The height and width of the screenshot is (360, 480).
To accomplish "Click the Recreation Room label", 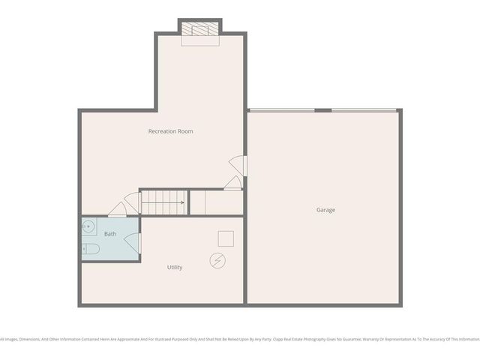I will tap(170, 131).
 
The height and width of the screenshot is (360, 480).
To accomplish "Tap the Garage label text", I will tap(325, 210).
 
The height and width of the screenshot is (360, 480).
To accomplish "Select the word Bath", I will tap(110, 234).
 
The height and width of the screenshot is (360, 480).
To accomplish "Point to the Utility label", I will tap(174, 267).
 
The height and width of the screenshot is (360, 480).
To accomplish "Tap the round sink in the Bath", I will tap(88, 225).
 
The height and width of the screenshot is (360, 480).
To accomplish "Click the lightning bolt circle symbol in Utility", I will tap(218, 260).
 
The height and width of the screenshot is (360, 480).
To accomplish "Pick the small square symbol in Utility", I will tap(226, 238).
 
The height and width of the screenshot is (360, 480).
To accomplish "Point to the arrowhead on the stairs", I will tap(182, 202).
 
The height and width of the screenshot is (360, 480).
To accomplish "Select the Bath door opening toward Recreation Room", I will tap(117, 209).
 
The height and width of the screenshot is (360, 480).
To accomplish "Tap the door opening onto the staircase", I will tap(132, 201).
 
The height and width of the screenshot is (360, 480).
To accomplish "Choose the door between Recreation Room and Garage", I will tap(238, 165).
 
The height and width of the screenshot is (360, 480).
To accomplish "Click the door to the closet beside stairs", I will tap(232, 182).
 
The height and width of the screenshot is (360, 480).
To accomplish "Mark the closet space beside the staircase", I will tap(216, 202).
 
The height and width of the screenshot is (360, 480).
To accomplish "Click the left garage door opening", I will tap(281, 110).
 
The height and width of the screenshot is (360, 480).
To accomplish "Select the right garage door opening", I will tap(364, 110).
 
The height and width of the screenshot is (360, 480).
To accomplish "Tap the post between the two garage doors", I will tap(323, 110).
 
